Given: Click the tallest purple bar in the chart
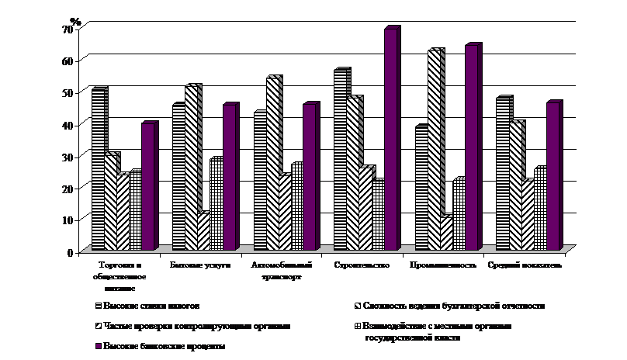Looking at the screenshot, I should (x=390, y=140).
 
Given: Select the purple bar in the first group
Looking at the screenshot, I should (x=147, y=187).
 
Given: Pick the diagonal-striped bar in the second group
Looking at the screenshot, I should (x=192, y=168).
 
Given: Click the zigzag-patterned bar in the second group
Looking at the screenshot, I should (x=203, y=231).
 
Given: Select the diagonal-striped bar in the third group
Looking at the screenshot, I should (x=272, y=164).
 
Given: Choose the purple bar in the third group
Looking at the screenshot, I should (x=309, y=178).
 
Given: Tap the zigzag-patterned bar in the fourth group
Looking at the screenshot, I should (x=365, y=208).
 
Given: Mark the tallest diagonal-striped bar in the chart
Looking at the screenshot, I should (x=435, y=150).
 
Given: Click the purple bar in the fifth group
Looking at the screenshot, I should (x=471, y=148).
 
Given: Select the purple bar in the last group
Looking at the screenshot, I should (x=552, y=177).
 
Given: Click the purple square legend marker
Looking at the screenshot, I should (x=98, y=346).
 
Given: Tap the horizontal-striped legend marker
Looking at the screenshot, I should (x=98, y=306).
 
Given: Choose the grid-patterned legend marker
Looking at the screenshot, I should (x=356, y=327).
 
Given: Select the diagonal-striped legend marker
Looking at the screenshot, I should (x=356, y=306).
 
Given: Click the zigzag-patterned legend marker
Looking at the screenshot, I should (x=98, y=327).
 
